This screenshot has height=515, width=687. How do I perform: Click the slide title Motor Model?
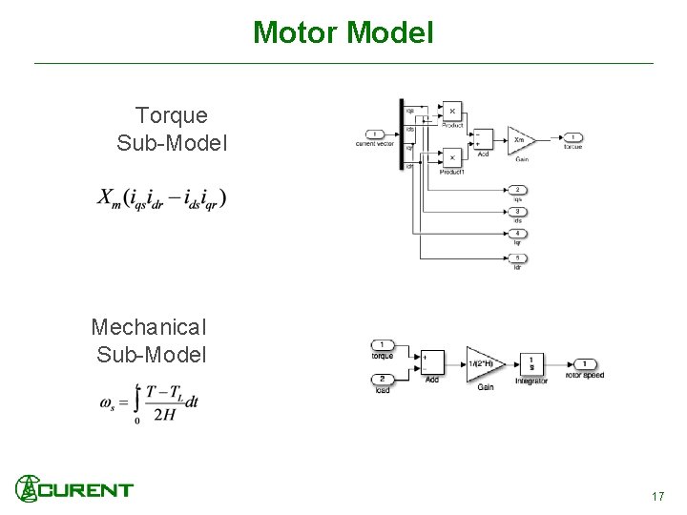point(343,33)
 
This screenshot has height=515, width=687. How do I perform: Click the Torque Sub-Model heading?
point(172,130)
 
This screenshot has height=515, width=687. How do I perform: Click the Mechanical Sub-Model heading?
point(150,340)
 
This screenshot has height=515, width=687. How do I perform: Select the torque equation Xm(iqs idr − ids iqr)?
point(161,198)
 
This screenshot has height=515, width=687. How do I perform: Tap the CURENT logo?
point(74,489)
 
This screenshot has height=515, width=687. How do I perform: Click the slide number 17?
point(657,497)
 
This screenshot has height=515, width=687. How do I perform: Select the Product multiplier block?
point(451,112)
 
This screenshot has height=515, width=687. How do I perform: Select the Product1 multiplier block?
point(451,157)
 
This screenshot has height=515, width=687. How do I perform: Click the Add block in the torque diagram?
point(483,139)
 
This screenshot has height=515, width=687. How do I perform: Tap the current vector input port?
point(375,134)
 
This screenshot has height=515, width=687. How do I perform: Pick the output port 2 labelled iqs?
point(517,190)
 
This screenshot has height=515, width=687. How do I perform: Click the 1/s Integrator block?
point(531,363)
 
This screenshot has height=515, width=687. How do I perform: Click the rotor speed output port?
point(584,363)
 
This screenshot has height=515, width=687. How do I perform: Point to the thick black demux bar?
point(402,134)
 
